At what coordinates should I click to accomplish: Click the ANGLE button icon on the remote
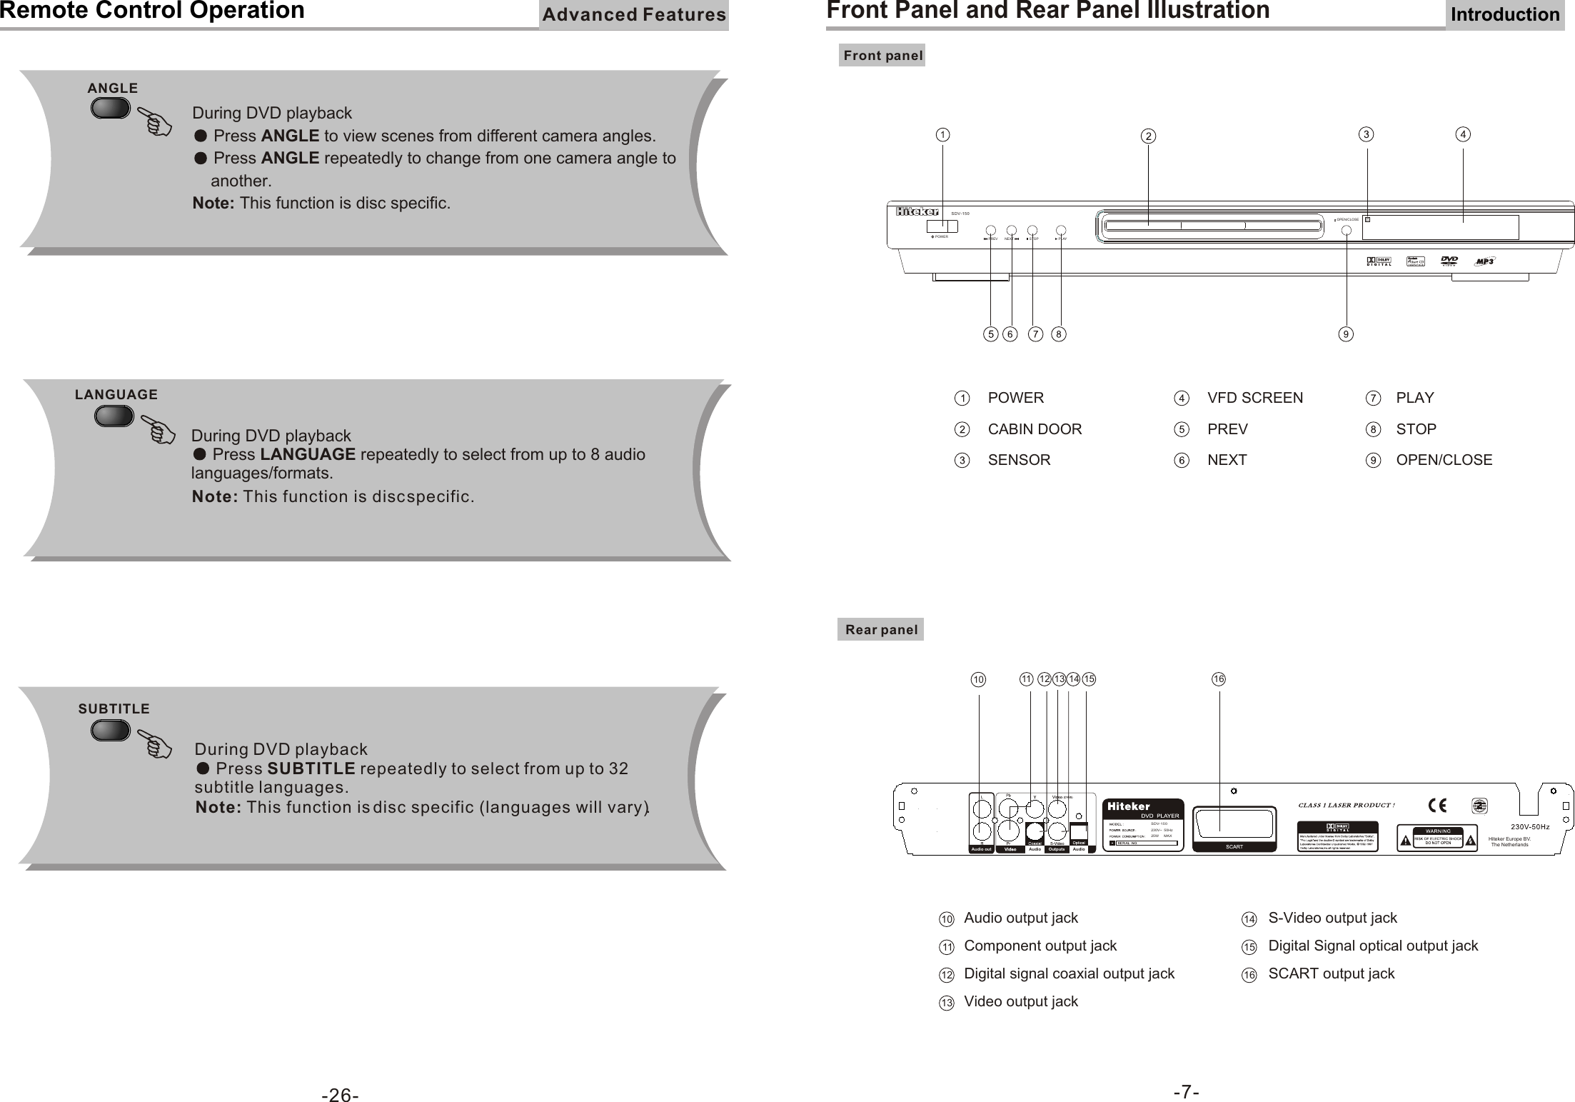(110, 109)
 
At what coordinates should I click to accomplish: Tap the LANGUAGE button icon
(114, 416)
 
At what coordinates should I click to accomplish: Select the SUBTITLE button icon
(111, 730)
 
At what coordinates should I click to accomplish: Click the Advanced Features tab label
(633, 15)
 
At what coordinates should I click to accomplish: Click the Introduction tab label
(1504, 15)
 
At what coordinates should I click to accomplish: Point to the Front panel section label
(882, 56)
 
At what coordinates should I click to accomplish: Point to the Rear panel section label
(880, 630)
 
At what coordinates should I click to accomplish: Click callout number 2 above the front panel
(1147, 136)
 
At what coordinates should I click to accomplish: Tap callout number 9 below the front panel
(1346, 334)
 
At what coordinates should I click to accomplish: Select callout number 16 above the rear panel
(1218, 679)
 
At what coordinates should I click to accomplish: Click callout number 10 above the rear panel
(978, 680)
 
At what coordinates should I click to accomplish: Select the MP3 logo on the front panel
(1484, 261)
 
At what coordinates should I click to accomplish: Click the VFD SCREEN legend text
(1254, 398)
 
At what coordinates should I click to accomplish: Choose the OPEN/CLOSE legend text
(1444, 460)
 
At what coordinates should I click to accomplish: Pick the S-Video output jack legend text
(1332, 918)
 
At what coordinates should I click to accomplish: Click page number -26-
(340, 1075)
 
